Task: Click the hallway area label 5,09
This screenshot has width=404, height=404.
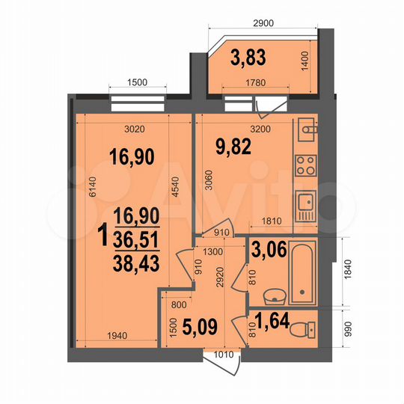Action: (200, 327)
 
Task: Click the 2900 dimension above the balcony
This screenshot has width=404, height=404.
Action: (263, 22)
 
